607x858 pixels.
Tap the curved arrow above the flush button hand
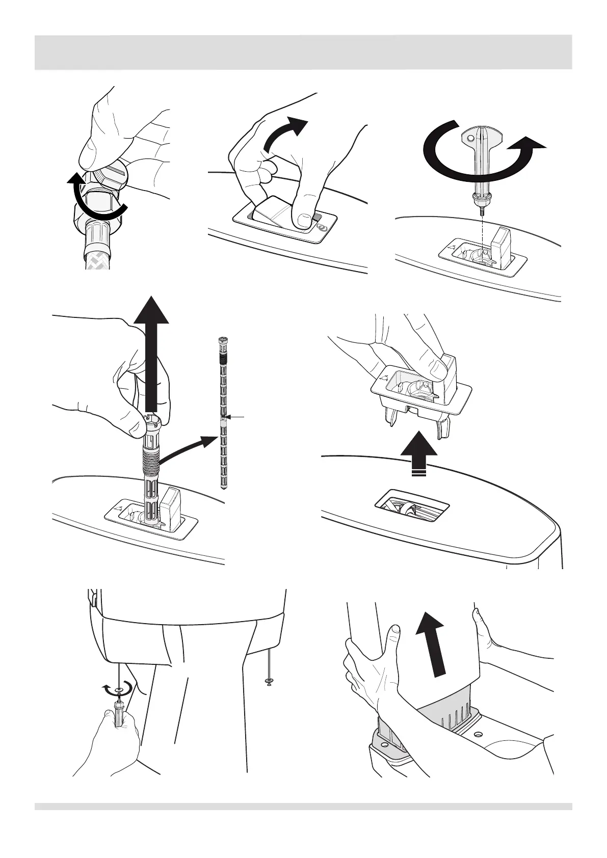285,134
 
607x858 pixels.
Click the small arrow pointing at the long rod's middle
237,417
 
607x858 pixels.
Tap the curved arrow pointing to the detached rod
189,448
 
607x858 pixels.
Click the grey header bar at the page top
303,52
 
